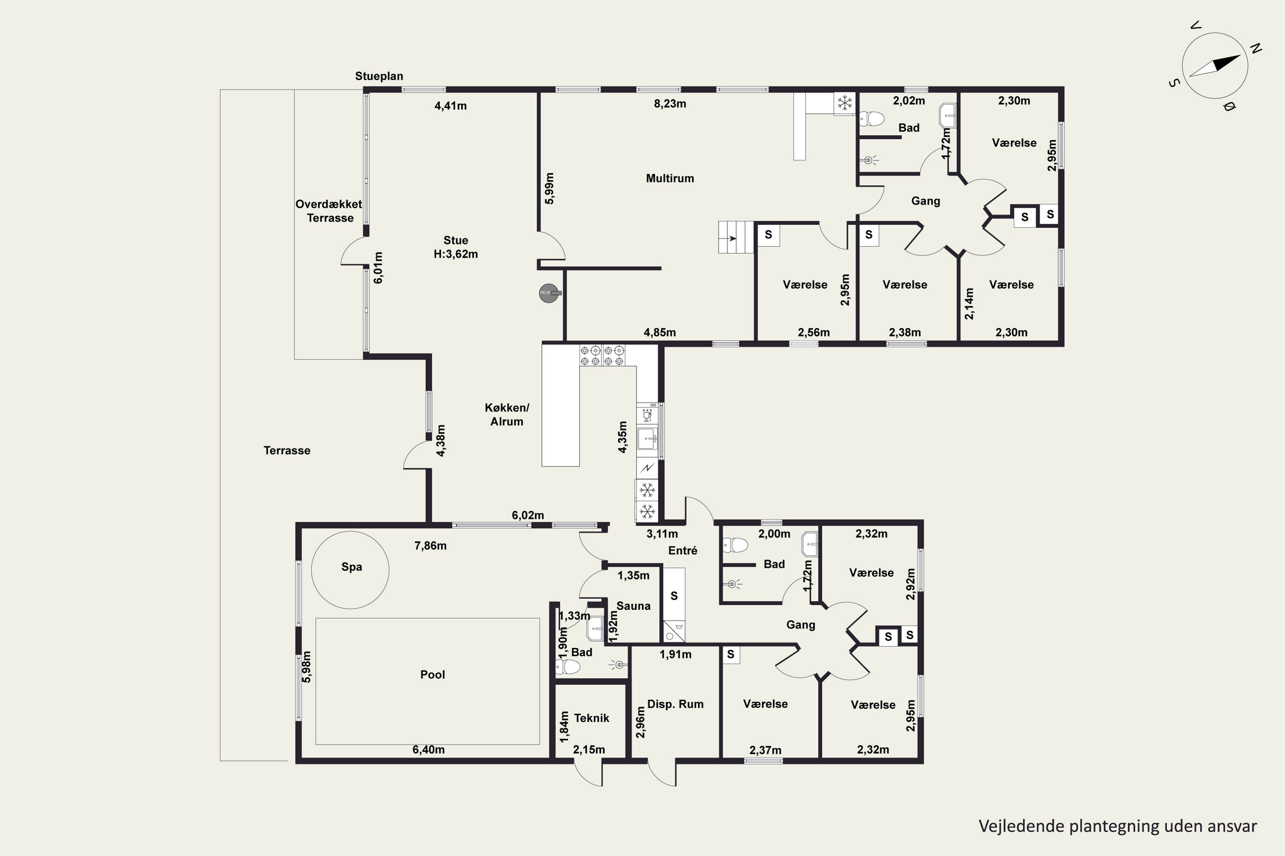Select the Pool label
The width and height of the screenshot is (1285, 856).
[433, 675]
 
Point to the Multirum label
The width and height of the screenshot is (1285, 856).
[670, 178]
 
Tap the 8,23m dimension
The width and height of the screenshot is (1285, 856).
[670, 104]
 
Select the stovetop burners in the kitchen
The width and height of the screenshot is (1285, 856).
[602, 355]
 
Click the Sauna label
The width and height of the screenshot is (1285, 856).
[633, 606]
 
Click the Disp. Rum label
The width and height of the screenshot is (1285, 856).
[675, 704]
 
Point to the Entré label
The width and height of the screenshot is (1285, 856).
[682, 551]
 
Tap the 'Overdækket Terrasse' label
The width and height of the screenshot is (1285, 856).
[329, 211]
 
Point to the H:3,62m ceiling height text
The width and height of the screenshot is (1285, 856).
[456, 254]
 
